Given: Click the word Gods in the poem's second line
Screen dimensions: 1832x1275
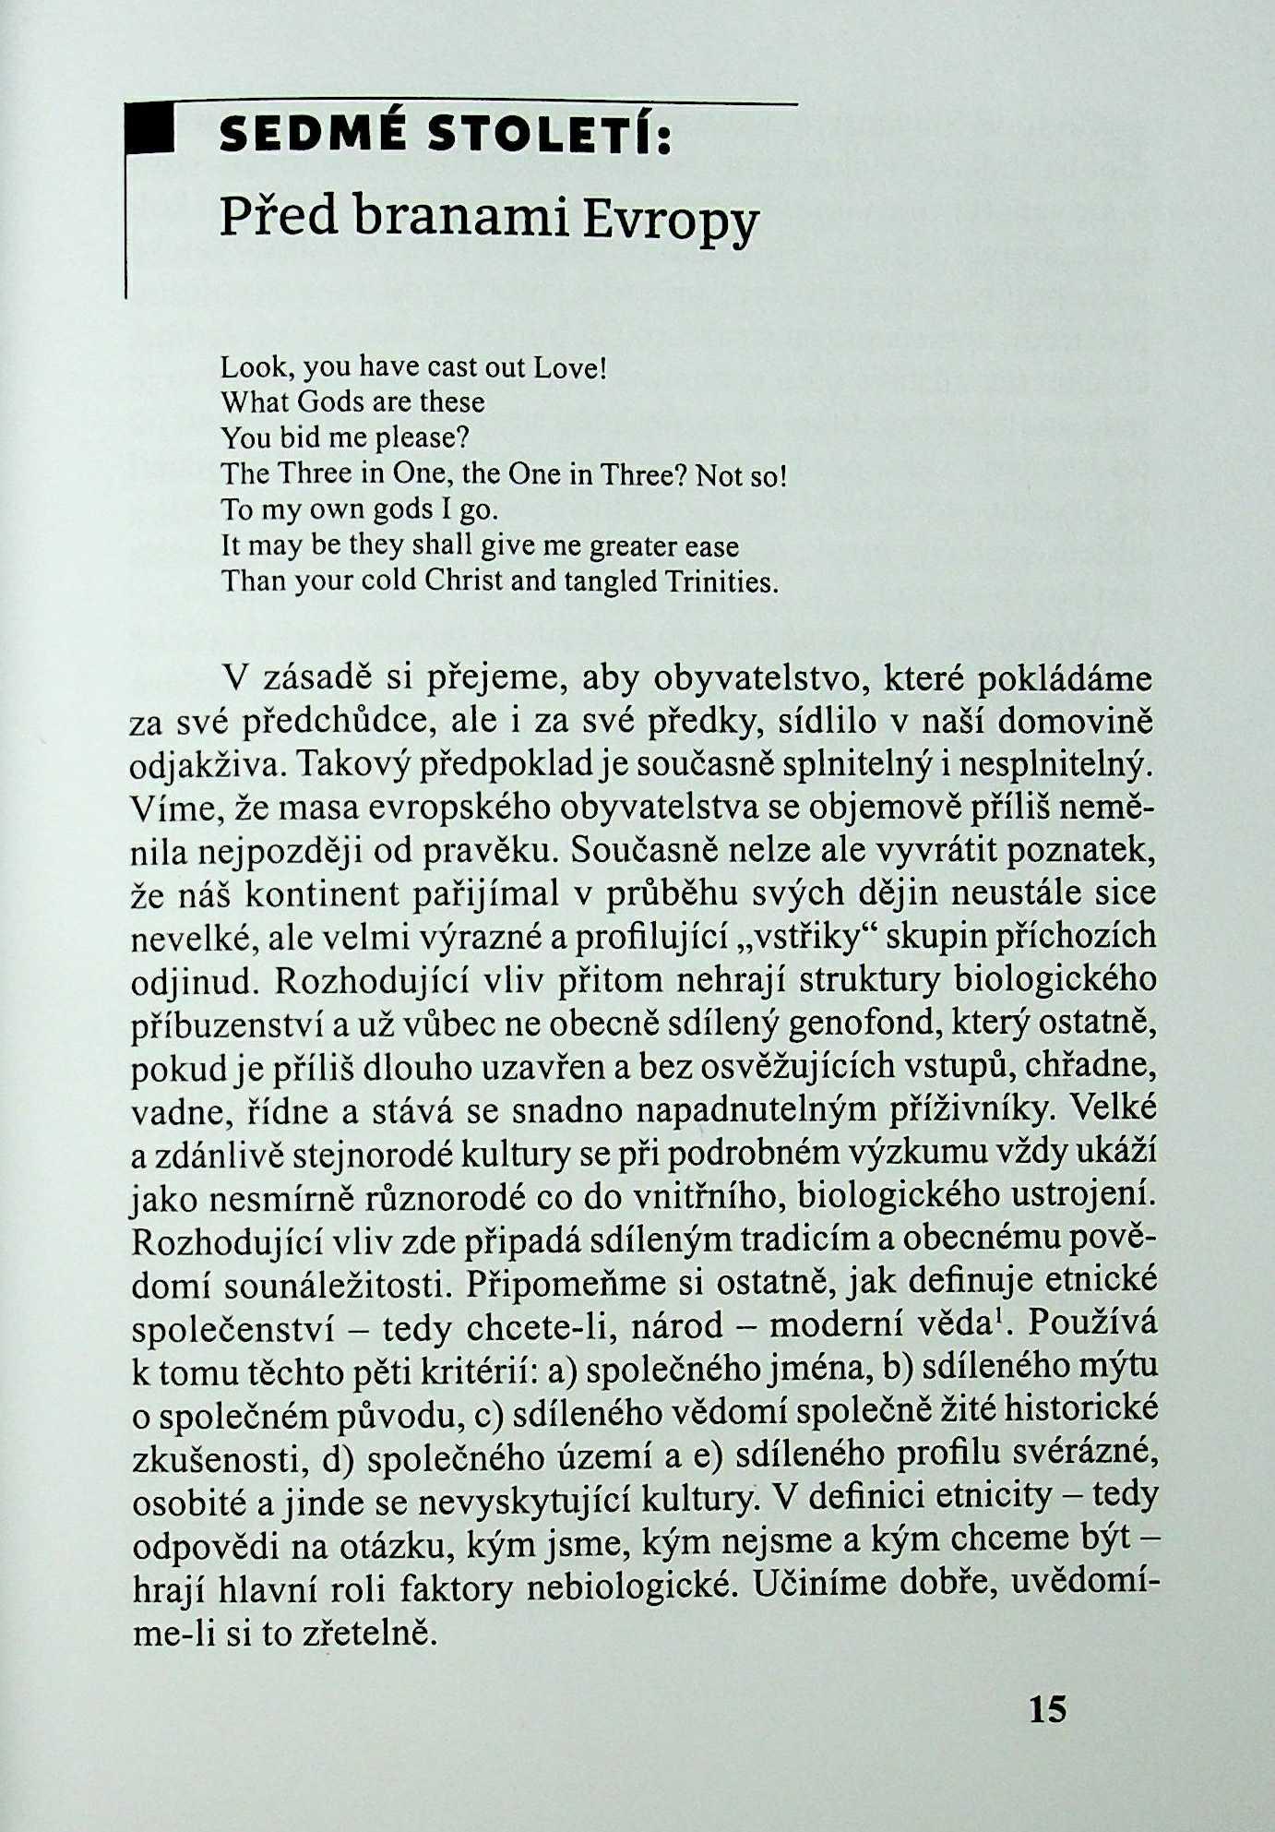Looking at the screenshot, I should coord(321,403).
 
